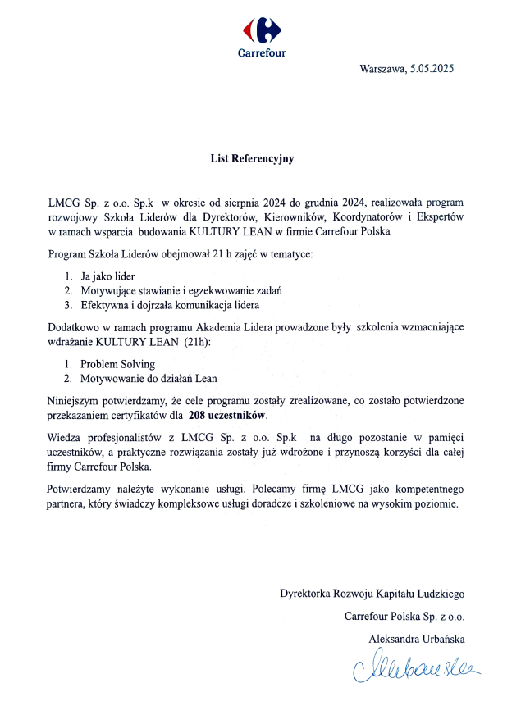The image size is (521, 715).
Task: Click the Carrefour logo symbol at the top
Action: tap(261, 30)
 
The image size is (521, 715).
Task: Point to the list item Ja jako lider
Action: tap(107, 276)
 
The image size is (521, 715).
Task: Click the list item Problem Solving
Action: tap(117, 363)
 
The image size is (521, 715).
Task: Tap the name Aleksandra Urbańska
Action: tap(418, 638)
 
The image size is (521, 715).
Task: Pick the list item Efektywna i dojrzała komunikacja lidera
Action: tap(170, 306)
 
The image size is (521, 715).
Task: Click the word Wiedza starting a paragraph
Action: tap(65, 437)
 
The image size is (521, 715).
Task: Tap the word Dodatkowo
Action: tap(73, 326)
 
